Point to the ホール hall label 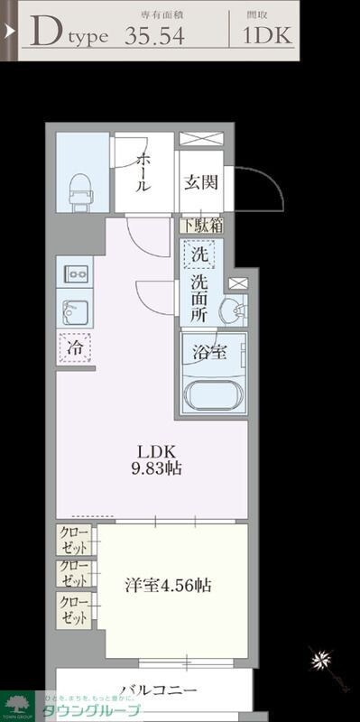point(143,171)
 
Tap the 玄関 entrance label point(201,181)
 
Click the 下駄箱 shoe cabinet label point(201,226)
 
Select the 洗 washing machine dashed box point(200,255)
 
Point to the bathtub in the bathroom point(212,395)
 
